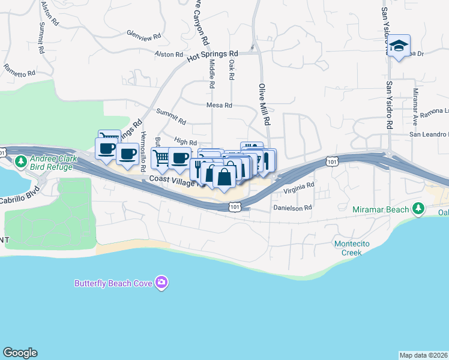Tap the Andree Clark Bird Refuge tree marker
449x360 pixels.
(21, 162)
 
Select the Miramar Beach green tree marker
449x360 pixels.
(419, 209)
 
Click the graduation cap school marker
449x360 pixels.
(399, 46)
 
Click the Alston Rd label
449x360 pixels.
(169, 55)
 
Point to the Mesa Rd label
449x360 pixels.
(219, 105)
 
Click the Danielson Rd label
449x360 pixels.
(293, 208)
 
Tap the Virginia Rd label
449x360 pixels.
(298, 187)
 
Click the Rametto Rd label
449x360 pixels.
(19, 71)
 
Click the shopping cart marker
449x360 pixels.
(161, 158)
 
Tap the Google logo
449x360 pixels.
(20, 353)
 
